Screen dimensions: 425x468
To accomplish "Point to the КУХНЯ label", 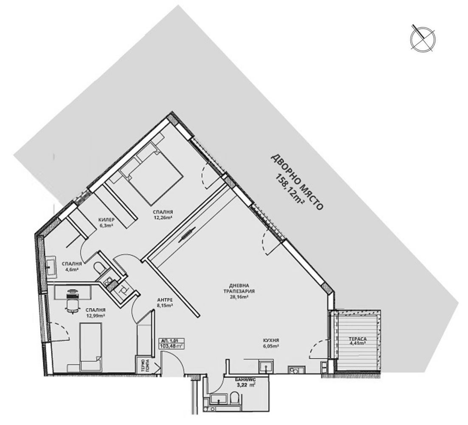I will pos(270,340).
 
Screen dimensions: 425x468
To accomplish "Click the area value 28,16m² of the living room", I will pos(239,297).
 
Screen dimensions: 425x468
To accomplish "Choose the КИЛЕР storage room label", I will pos(106,219).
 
